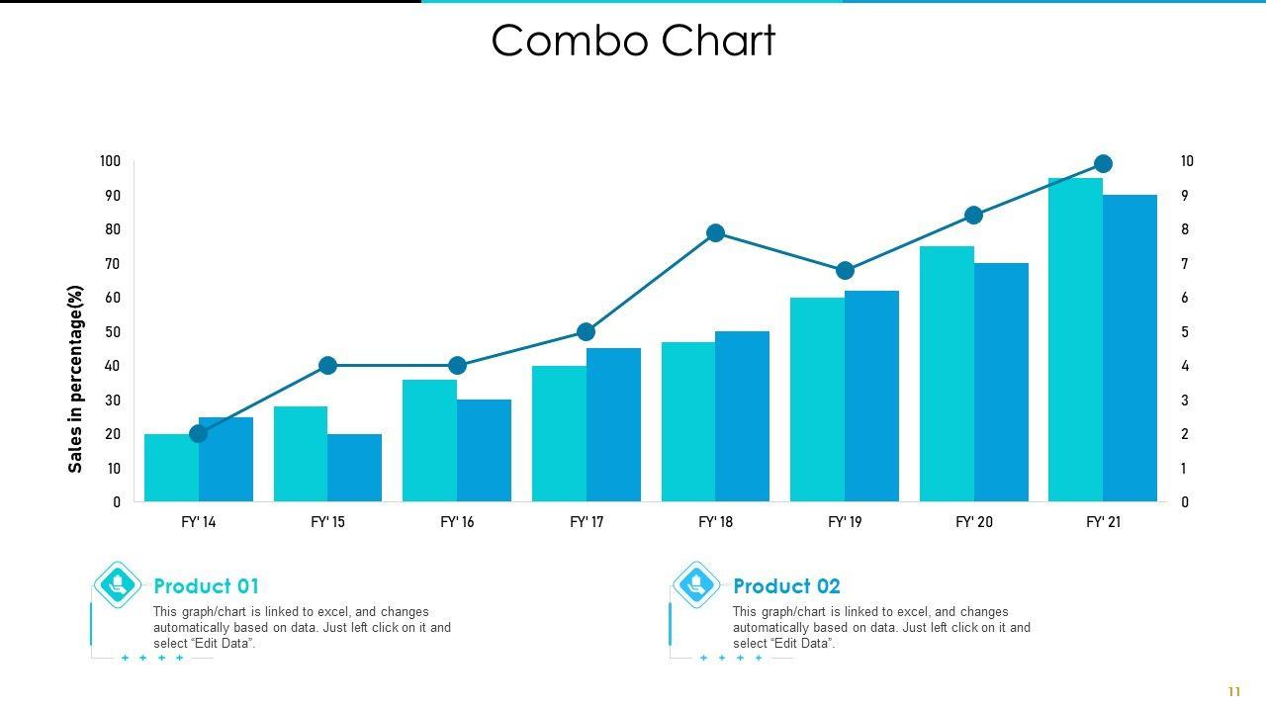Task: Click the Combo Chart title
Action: [x=633, y=42]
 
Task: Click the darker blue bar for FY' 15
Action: [x=354, y=467]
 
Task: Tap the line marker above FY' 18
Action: [x=716, y=233]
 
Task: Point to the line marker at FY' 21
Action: [x=1104, y=164]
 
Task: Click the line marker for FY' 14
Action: [x=199, y=433]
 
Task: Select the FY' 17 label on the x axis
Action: [x=587, y=522]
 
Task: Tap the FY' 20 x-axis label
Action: [x=974, y=522]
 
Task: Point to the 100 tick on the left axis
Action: [x=110, y=161]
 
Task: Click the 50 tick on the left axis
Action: [x=112, y=332]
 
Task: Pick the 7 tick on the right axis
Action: [x=1185, y=264]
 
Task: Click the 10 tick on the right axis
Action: [x=1187, y=161]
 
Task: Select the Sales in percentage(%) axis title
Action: [x=76, y=379]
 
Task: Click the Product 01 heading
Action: [x=206, y=586]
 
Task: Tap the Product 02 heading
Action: [x=786, y=586]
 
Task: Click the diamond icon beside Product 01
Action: [x=118, y=584]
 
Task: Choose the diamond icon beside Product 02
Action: [x=696, y=584]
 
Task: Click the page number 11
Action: [x=1233, y=692]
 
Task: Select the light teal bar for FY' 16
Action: [x=429, y=440]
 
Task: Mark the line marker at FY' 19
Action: [x=845, y=271]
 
